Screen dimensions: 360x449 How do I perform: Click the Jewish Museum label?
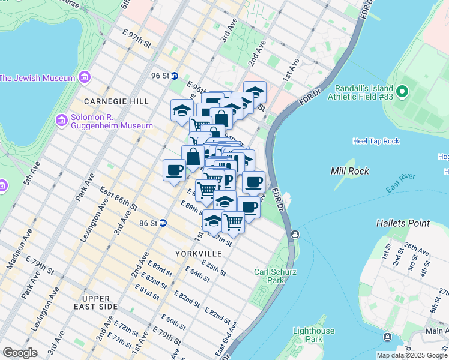pyautogui.click(x=37, y=78)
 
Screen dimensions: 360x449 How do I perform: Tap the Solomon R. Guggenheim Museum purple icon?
pyautogui.click(x=61, y=121)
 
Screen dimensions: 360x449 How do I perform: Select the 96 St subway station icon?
pyautogui.click(x=175, y=76)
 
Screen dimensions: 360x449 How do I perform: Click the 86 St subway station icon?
pyautogui.click(x=163, y=223)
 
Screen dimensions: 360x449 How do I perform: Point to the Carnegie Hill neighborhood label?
pyautogui.click(x=116, y=101)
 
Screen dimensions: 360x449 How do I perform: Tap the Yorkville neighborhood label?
pyautogui.click(x=198, y=254)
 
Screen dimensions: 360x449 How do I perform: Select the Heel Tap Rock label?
pyautogui.click(x=376, y=141)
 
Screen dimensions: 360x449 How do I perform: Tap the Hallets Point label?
pyautogui.click(x=403, y=223)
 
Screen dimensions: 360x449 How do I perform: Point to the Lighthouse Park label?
pyautogui.click(x=313, y=335)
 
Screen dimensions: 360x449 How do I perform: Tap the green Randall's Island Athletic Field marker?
pyautogui.click(x=402, y=92)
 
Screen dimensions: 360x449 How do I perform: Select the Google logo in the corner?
pyautogui.click(x=20, y=353)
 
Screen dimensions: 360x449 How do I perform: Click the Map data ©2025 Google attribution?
pyautogui.click(x=412, y=355)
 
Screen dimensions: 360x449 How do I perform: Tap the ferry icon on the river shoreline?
pyautogui.click(x=294, y=234)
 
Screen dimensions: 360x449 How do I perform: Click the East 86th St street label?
pyautogui.click(x=119, y=199)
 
